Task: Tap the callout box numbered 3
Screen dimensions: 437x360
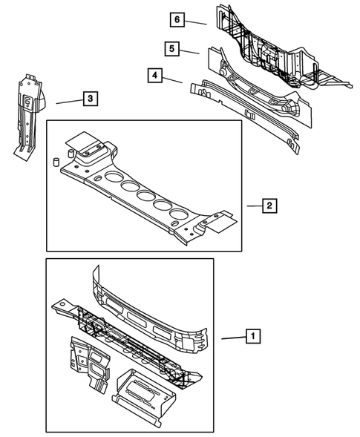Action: (x=88, y=98)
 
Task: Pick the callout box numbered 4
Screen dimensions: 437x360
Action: (x=153, y=75)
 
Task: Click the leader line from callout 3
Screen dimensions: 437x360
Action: (x=68, y=101)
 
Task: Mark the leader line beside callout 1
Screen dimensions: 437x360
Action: (x=232, y=338)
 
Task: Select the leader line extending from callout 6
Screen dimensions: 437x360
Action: (x=196, y=22)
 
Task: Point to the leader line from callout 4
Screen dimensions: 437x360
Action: (x=172, y=81)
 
